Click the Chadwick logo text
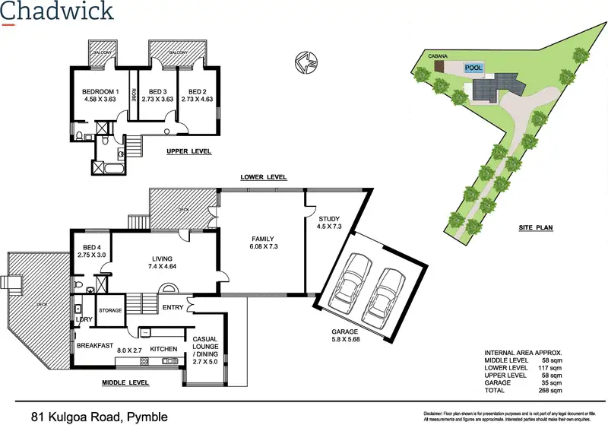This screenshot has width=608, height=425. pyautogui.click(x=59, y=11)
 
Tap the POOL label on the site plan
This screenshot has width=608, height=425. pyautogui.click(x=473, y=68)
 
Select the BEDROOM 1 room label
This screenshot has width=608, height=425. pyautogui.click(x=100, y=91)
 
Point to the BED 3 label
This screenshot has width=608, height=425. pyautogui.click(x=157, y=91)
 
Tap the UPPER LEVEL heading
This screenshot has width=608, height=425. pyautogui.click(x=188, y=152)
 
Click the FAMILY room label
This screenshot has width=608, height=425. pyautogui.click(x=263, y=239)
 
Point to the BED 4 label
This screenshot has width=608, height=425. pyautogui.click(x=91, y=248)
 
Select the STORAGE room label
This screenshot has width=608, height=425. pyautogui.click(x=111, y=310)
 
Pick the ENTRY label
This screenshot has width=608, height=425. pyautogui.click(x=173, y=307)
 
